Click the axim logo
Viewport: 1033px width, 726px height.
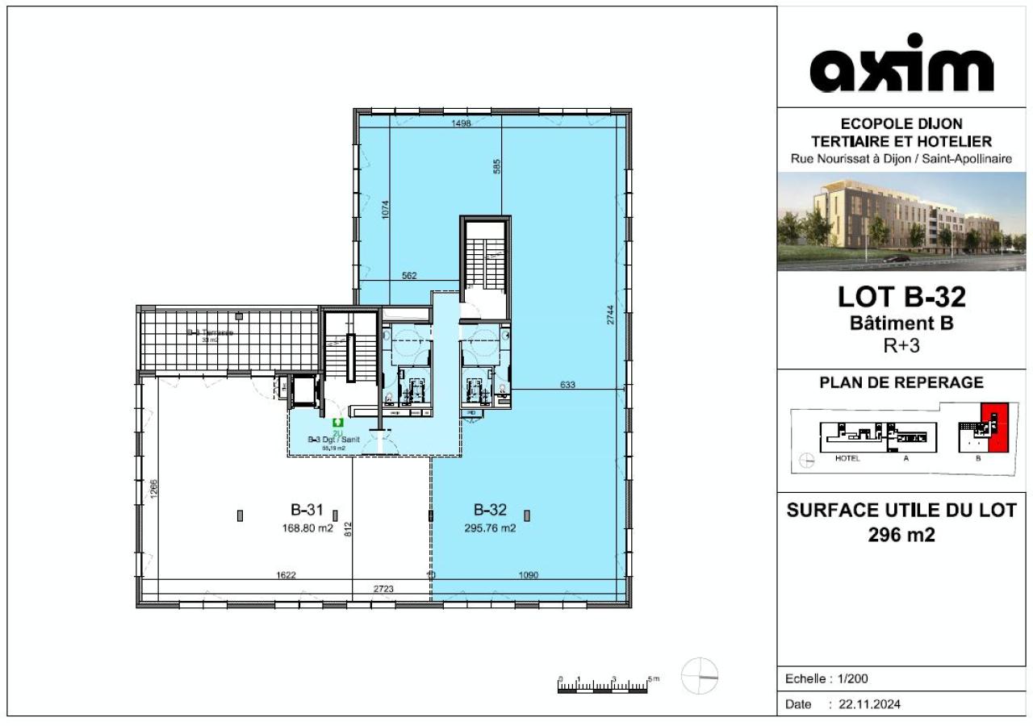coord(901,64)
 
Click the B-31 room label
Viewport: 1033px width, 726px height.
coord(307,510)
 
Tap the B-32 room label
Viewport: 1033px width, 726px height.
coord(490,510)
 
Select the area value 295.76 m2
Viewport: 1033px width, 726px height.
coord(490,529)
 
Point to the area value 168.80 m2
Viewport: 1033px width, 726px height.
coord(307,529)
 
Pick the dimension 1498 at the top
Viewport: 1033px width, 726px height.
coord(460,123)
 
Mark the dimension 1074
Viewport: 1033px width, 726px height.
coord(387,210)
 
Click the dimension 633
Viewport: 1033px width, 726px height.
coord(567,385)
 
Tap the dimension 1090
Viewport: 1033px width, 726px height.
coord(529,575)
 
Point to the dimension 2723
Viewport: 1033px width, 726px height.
coord(383,590)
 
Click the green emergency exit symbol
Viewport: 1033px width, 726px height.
coord(337,422)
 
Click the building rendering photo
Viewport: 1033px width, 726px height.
coord(901,220)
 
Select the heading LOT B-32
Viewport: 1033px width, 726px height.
coord(901,298)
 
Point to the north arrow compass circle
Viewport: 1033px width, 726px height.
coord(699,676)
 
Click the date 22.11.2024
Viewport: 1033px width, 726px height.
coord(869,704)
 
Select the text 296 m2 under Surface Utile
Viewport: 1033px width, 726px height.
coord(901,534)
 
